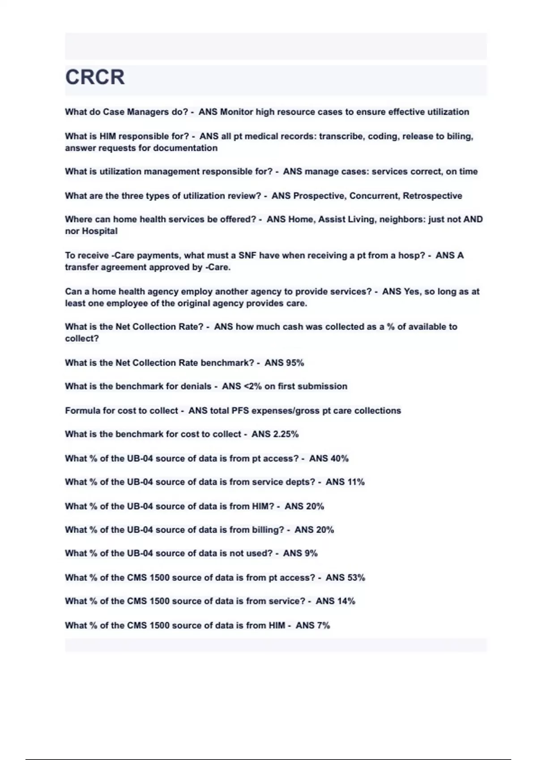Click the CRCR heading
[x=95, y=77]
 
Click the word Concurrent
[x=374, y=196]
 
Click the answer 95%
[x=294, y=363]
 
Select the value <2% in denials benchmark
[x=252, y=386]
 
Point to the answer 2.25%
[x=286, y=434]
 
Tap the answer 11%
[x=355, y=482]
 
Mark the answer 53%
[x=355, y=578]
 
